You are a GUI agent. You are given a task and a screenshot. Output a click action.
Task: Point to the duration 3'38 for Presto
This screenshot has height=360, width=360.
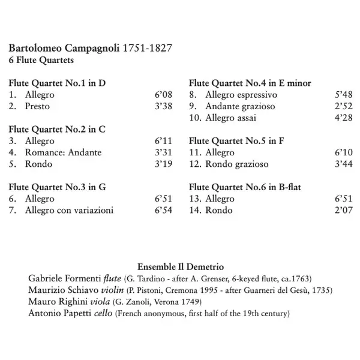tap(163, 106)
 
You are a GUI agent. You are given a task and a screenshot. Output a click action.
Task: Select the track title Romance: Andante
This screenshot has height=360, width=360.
tap(64, 152)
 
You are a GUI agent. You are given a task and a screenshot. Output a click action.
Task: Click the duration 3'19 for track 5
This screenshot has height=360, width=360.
tap(163, 164)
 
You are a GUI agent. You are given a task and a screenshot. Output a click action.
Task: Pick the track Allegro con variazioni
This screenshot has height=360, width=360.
tap(69, 210)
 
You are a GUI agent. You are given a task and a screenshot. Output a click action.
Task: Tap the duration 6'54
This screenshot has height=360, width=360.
tap(163, 210)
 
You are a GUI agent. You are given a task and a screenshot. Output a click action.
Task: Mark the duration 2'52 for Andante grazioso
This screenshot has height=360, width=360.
tap(343, 106)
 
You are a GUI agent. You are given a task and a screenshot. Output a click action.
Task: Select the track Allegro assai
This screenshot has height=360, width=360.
tap(230, 118)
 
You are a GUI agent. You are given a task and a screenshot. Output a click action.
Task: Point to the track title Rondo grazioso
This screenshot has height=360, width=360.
tap(237, 164)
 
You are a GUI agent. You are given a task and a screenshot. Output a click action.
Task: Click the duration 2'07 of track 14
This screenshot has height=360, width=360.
tap(343, 210)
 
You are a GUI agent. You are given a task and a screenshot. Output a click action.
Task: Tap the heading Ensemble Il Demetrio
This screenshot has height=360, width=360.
tap(181, 266)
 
